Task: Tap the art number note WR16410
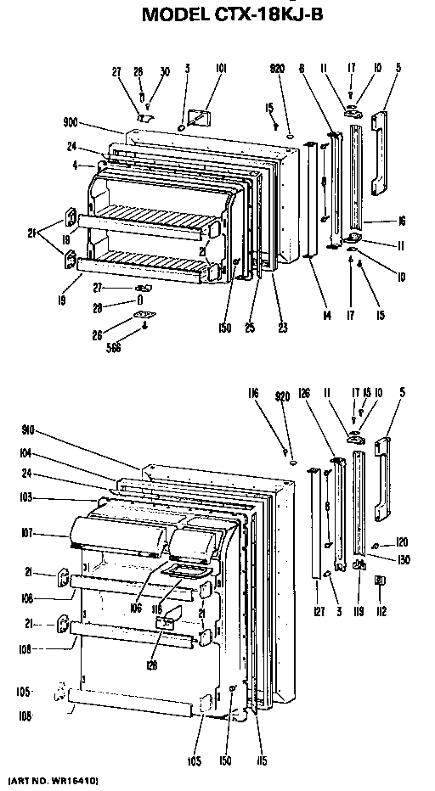[x=53, y=779]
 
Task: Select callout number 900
[x=72, y=121]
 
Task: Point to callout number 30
[x=165, y=71]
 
